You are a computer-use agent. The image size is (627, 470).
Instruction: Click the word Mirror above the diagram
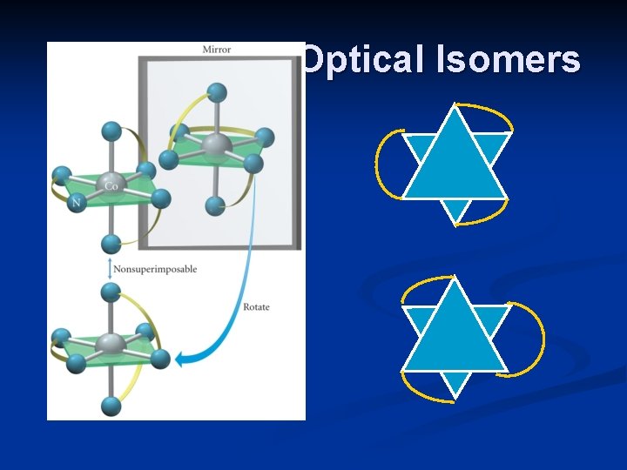coord(217,49)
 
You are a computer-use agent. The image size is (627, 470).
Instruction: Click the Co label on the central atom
coord(111,185)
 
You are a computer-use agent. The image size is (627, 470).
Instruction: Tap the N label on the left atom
coord(76,203)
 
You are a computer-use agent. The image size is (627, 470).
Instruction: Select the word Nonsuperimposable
coord(155,269)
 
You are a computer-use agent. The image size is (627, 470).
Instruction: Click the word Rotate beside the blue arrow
coord(255,307)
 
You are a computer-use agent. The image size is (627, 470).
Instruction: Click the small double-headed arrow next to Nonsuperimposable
coord(109,269)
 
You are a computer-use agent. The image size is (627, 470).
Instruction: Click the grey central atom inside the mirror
coord(216,144)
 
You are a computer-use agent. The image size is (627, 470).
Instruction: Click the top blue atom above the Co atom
coord(111,131)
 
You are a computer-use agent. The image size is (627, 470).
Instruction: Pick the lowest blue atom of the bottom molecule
coord(111,405)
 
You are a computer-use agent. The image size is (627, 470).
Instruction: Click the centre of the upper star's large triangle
coord(455,165)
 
